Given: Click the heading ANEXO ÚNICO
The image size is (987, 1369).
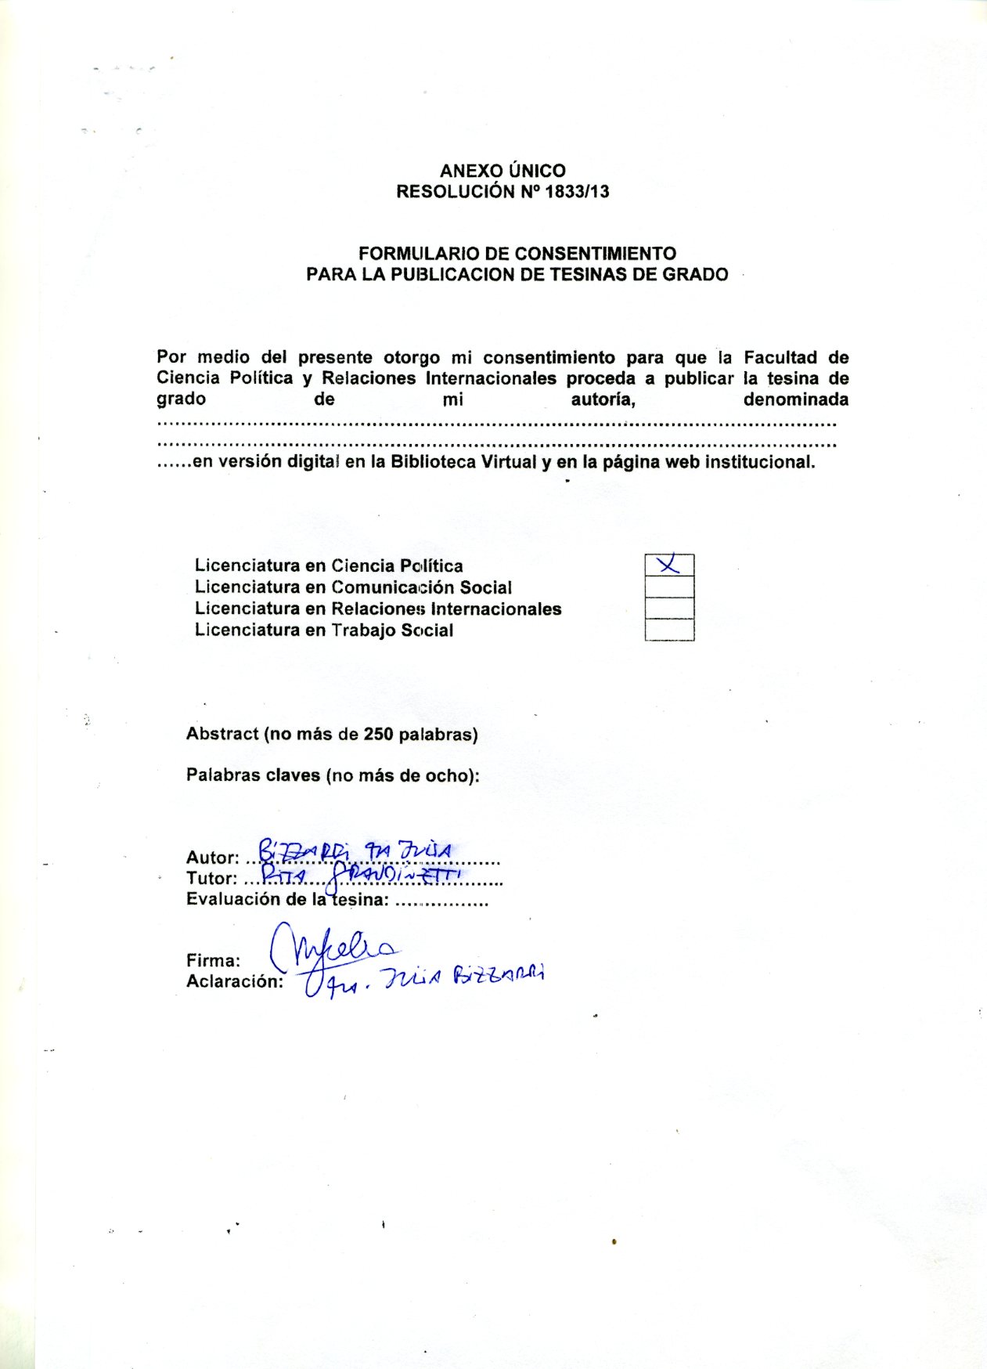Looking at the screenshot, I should pos(503,171).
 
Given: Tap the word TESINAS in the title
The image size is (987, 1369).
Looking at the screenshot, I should pos(600,275).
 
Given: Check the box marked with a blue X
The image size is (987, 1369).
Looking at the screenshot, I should pos(669,565).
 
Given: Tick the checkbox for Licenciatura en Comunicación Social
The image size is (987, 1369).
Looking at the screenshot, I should pos(669,587).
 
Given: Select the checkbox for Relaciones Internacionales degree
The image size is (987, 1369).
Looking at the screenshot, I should pos(669,609).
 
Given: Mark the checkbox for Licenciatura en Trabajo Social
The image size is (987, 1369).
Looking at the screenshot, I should pos(669,630).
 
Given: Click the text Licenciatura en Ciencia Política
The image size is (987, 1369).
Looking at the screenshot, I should pos(329,565).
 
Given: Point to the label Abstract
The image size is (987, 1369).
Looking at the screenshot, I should pos(222,735).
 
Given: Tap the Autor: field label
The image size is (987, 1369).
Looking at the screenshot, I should pos(212,858).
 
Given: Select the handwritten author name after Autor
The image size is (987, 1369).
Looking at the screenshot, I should pos(355,851).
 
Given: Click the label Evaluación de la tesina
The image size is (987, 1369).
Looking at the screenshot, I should pos(287,900).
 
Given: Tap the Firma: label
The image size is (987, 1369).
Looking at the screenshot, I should pos(213,961).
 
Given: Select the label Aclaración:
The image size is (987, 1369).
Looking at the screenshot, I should pos(235,982).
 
